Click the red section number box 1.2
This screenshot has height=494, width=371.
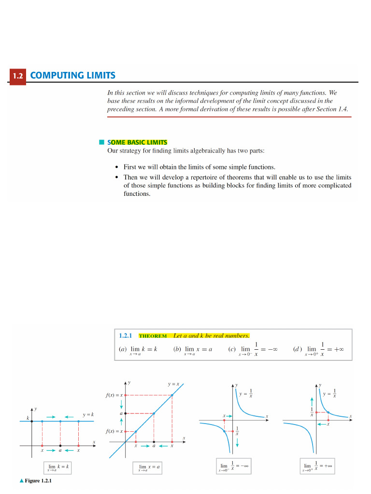[17, 76]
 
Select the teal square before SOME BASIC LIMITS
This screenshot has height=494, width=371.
[101, 142]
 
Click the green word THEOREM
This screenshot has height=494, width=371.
[153, 336]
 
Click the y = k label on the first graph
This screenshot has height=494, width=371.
[87, 414]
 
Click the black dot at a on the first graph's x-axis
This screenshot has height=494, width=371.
[60, 445]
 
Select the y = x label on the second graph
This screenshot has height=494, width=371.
[173, 384]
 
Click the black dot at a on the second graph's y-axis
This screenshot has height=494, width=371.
[126, 413]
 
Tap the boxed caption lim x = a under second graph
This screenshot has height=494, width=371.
[149, 467]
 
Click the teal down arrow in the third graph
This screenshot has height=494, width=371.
[237, 443]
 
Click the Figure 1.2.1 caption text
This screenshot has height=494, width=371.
[38, 481]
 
